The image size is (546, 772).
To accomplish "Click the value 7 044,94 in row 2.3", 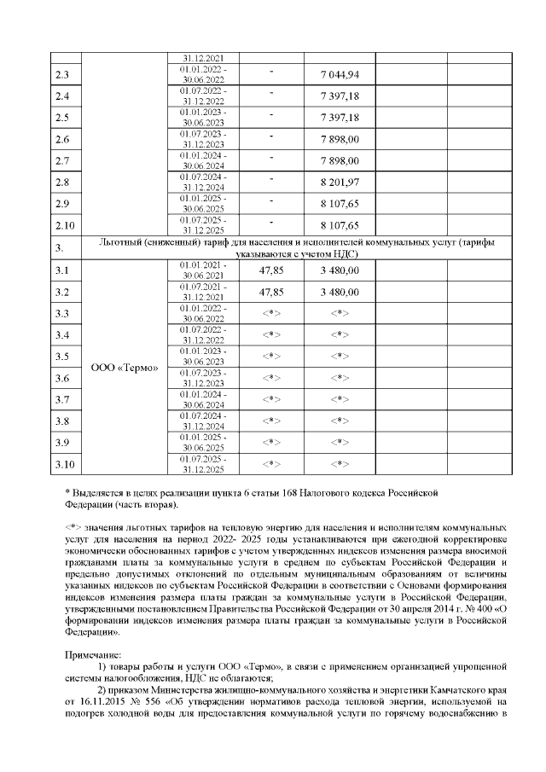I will [340, 75].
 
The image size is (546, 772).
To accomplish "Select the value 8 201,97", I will [340, 183].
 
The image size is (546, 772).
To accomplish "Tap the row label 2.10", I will [64, 225].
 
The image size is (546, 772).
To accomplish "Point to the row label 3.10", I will [64, 464].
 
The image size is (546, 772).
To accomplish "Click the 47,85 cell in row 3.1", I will [270, 270].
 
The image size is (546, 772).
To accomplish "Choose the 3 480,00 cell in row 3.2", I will [340, 292].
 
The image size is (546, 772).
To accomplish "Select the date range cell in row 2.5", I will [203, 118].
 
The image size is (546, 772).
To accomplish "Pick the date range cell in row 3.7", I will [203, 399].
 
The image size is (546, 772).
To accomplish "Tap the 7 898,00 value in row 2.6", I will [340, 139].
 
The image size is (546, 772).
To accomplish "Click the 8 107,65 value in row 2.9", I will [340, 204].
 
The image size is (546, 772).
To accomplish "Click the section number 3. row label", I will [60, 248].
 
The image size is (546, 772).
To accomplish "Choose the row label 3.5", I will [61, 357].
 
